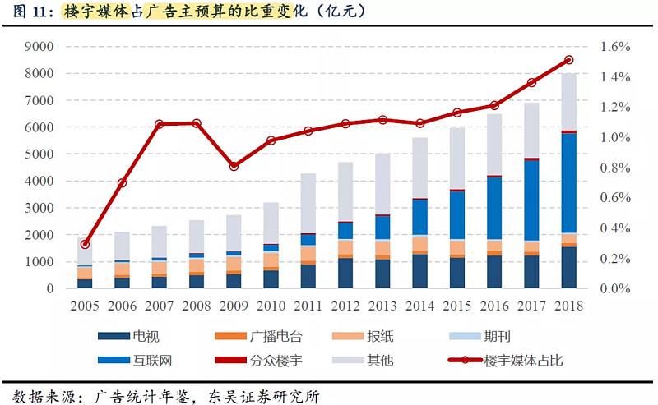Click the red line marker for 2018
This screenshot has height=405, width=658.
[x=569, y=60]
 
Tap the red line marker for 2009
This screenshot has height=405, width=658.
[x=234, y=166]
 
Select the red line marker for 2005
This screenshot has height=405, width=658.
[x=85, y=244]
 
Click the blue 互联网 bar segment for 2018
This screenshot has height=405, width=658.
[x=569, y=182]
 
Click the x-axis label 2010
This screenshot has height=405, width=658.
[x=271, y=306]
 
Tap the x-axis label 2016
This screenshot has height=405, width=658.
[x=494, y=306]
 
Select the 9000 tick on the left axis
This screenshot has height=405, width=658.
[x=40, y=47]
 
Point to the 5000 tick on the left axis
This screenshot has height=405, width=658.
[x=40, y=154]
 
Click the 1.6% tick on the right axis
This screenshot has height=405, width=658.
[x=615, y=47]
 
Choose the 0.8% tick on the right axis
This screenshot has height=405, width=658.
[x=615, y=168]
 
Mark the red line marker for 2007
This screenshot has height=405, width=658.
[x=160, y=124]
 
